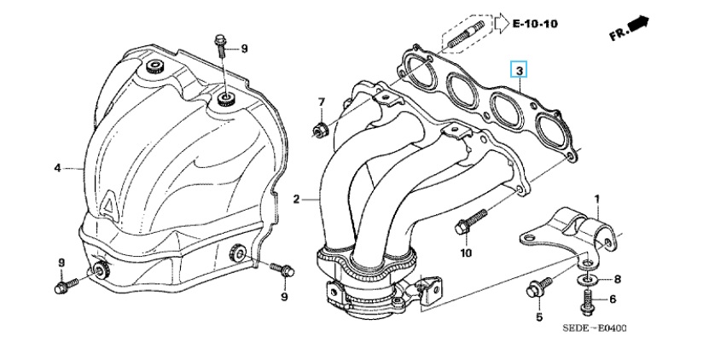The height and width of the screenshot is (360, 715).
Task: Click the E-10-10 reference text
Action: (534, 23)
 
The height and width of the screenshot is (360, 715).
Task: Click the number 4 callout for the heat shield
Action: (58, 168)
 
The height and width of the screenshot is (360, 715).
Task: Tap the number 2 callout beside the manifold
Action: (296, 200)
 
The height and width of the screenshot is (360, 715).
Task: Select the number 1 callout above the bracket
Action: (597, 199)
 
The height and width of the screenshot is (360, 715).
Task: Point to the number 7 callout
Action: (322, 102)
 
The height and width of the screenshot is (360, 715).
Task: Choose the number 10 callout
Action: (466, 253)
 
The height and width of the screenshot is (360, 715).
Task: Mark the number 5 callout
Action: (539, 317)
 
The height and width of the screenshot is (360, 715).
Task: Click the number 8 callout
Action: (618, 279)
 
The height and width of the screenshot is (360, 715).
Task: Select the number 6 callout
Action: (612, 299)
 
